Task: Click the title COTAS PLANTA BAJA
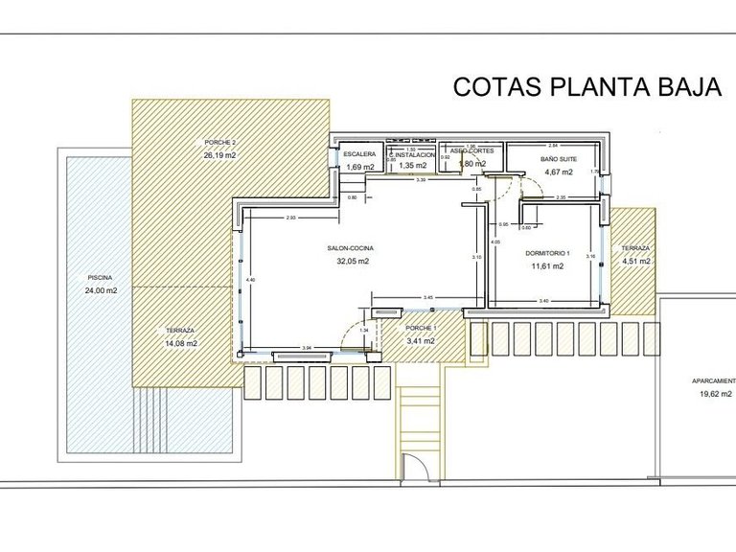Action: [586, 88]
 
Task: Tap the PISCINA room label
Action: [100, 278]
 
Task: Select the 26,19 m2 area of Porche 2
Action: [218, 153]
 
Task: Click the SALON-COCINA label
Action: [350, 248]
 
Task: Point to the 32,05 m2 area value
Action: [350, 261]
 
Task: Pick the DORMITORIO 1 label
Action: [548, 254]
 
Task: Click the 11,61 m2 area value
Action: [548, 266]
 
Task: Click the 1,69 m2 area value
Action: [359, 167]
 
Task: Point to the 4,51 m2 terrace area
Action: [635, 260]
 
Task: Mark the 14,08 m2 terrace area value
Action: [179, 343]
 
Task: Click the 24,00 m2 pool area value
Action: [100, 290]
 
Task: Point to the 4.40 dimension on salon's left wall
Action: [250, 279]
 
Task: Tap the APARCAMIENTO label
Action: [713, 380]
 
